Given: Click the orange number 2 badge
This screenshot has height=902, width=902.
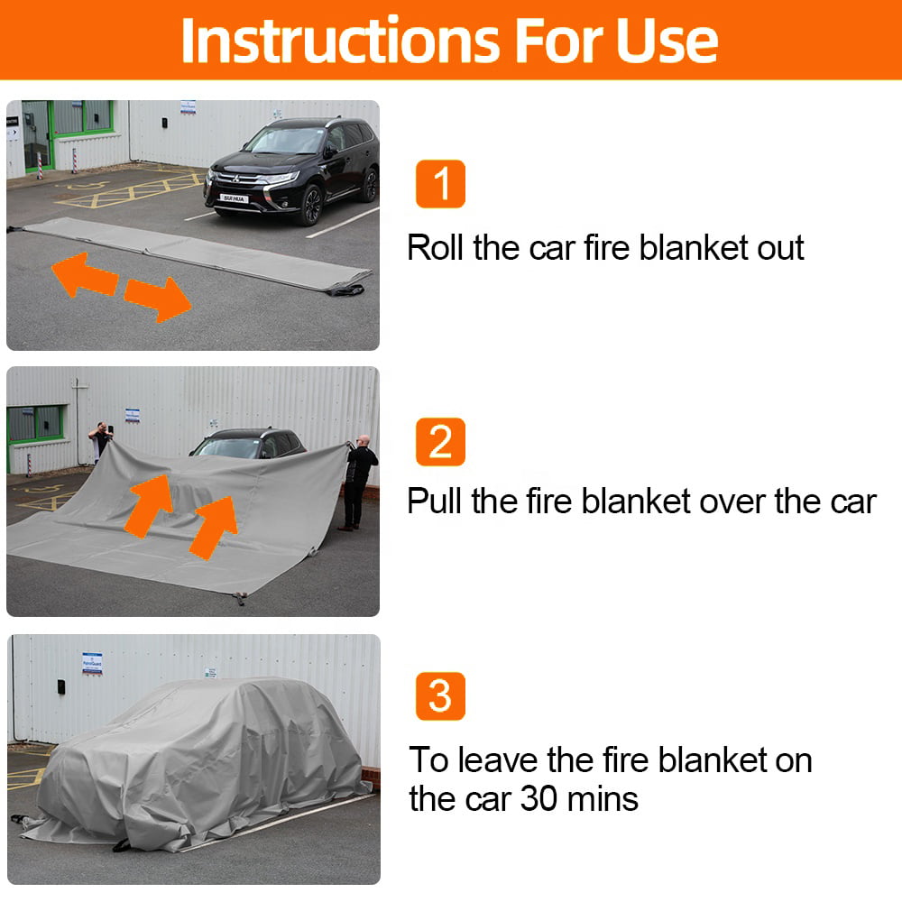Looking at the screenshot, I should click(x=440, y=442).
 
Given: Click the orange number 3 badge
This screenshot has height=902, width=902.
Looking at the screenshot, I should click(x=440, y=695).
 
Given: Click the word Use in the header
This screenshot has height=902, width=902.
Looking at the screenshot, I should click(x=667, y=40).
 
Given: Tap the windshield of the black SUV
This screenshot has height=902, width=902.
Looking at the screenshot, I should click(x=285, y=141).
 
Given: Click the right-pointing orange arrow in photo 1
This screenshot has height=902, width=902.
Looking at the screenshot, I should click(x=159, y=298).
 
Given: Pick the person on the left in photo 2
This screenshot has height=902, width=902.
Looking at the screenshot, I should click(x=100, y=439).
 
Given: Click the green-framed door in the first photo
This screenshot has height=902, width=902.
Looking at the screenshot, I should click(x=37, y=136).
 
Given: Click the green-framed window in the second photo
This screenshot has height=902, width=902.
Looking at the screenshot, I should click(x=35, y=423).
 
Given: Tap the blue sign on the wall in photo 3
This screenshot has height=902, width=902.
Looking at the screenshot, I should click(x=91, y=663).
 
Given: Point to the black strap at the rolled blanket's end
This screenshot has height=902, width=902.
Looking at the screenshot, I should click(x=346, y=290).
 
